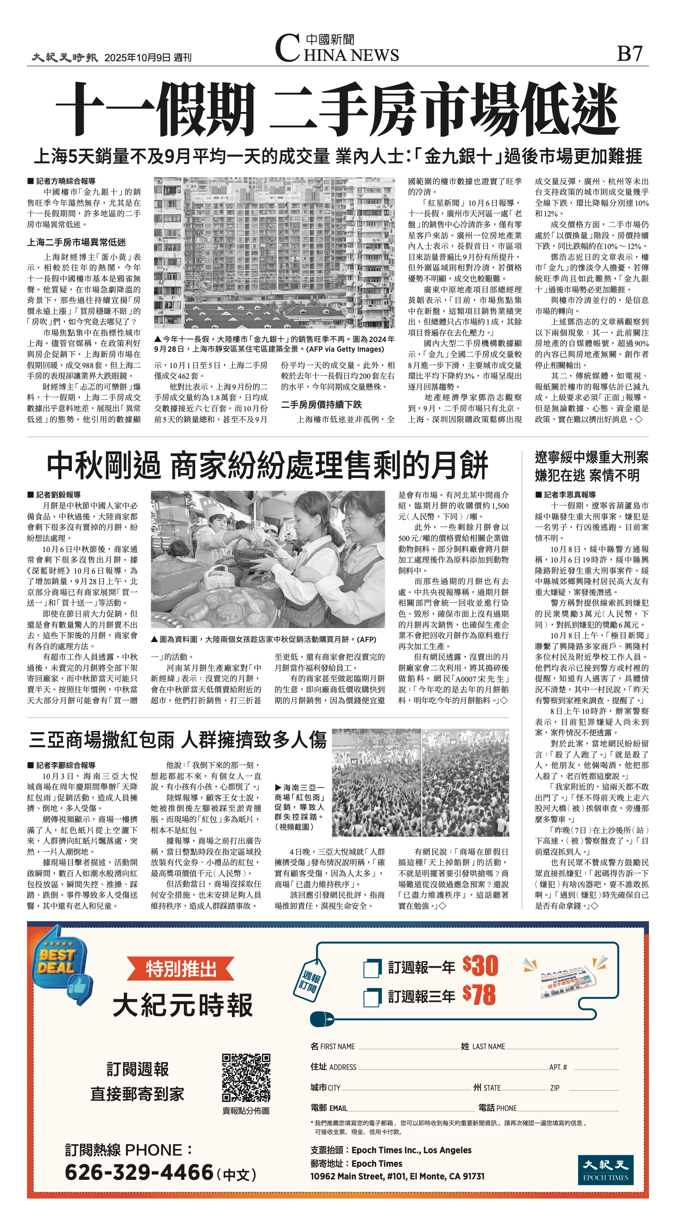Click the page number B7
pyautogui.click(x=630, y=54)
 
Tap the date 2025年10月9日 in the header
pyautogui.click(x=138, y=58)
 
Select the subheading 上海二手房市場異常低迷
pyautogui.click(x=76, y=242)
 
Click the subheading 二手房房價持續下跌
pyautogui.click(x=321, y=405)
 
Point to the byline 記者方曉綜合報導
pyautogui.click(x=65, y=181)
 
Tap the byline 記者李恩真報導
pyautogui.click(x=570, y=495)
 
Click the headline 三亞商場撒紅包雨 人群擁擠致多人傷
pyautogui.click(x=178, y=740)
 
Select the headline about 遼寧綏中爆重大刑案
pyautogui.click(x=591, y=466)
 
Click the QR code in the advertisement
pyautogui.click(x=246, y=1078)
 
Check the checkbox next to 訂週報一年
pyautogui.click(x=372, y=968)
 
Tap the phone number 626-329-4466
pyautogui.click(x=139, y=1173)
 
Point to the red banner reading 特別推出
pyautogui.click(x=180, y=969)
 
